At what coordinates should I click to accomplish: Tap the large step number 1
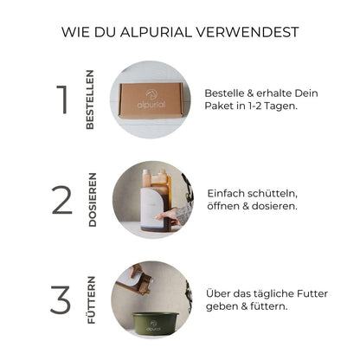tap(61, 100)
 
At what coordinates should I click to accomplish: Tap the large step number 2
tap(61, 200)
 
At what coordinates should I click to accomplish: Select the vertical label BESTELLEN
tap(90, 100)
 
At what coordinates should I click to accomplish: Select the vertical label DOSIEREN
tap(93, 200)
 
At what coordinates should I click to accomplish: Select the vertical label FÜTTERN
tap(91, 299)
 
